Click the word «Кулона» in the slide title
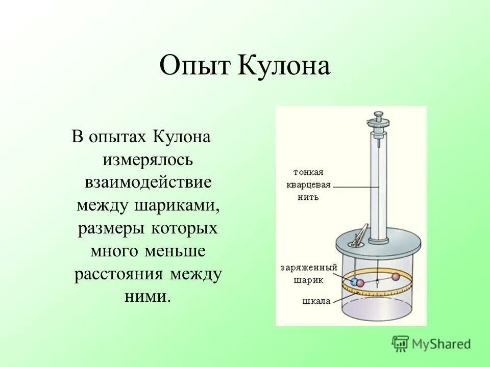click(284, 67)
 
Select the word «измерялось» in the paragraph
click(148, 160)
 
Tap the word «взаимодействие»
click(148, 182)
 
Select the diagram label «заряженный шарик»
click(308, 273)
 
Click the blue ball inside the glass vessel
click(354, 282)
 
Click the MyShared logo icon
click(400, 343)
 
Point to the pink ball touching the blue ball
click(360, 283)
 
